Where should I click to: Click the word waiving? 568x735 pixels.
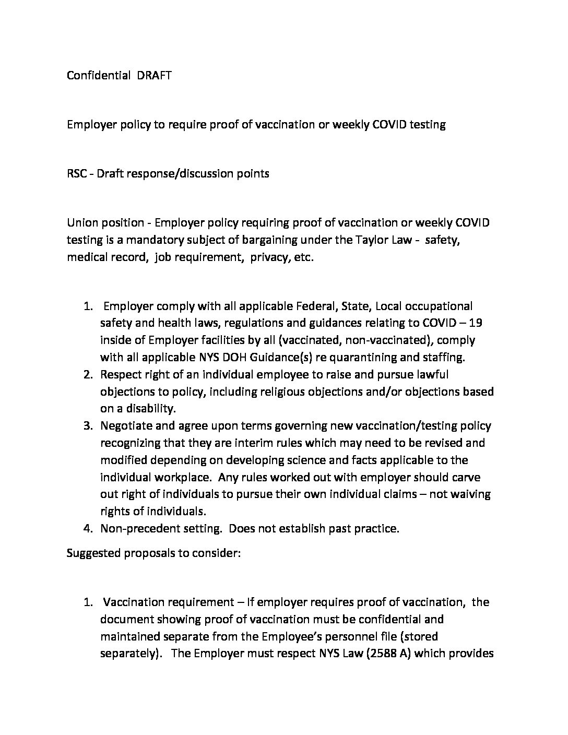click(x=470, y=494)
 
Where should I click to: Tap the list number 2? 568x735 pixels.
click(x=88, y=375)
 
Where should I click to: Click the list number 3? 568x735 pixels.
click(x=88, y=426)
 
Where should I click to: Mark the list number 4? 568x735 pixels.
click(x=88, y=528)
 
